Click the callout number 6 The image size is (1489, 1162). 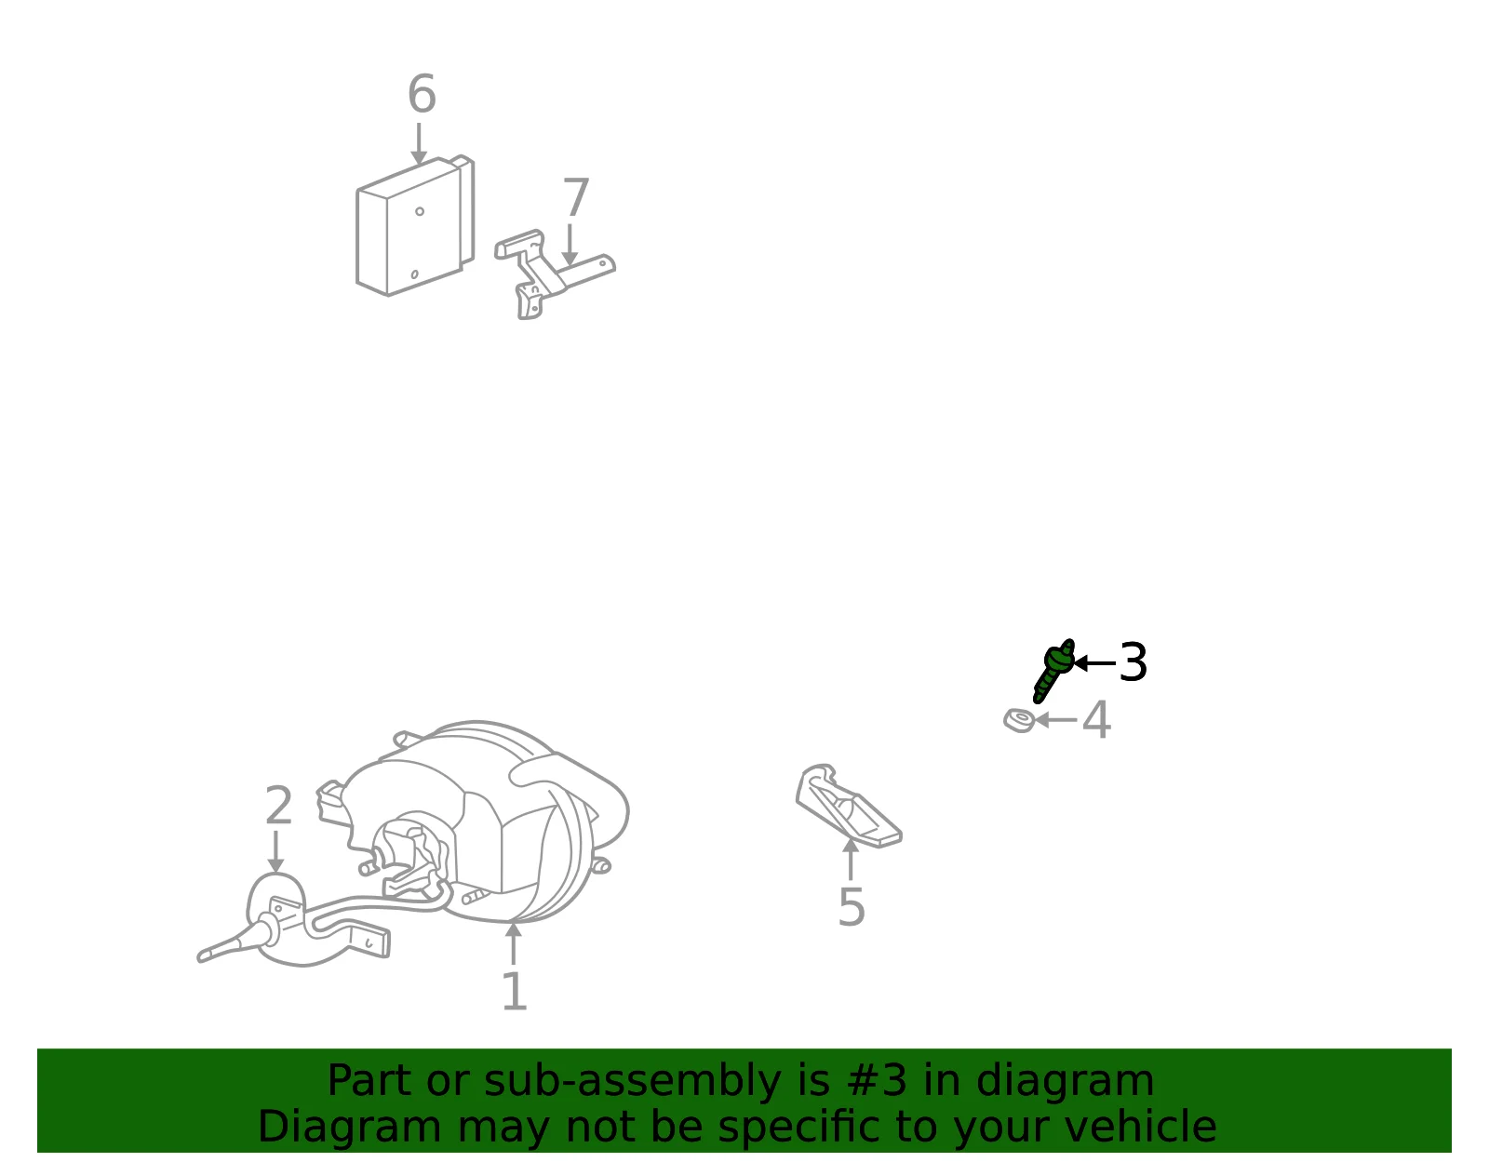pos(422,94)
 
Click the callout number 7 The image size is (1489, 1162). pos(575,197)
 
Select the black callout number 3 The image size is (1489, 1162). pos(1133,662)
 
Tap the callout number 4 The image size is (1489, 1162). pos(1096,720)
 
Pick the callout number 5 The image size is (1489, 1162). pos(852,906)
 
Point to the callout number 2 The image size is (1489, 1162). pos(278,805)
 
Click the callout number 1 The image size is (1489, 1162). pos(515,991)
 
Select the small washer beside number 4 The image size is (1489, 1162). pos(1019,720)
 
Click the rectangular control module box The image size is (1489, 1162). pos(415,226)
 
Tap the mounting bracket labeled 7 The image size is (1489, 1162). pos(548,273)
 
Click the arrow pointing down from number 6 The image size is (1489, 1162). pos(419,144)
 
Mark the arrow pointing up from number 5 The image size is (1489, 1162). pos(851,860)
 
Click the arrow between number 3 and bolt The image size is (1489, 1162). pos(1094,662)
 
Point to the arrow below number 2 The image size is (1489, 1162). pos(275,852)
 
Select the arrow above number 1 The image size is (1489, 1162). pos(513,943)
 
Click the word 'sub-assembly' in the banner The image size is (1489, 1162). pos(633,1082)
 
